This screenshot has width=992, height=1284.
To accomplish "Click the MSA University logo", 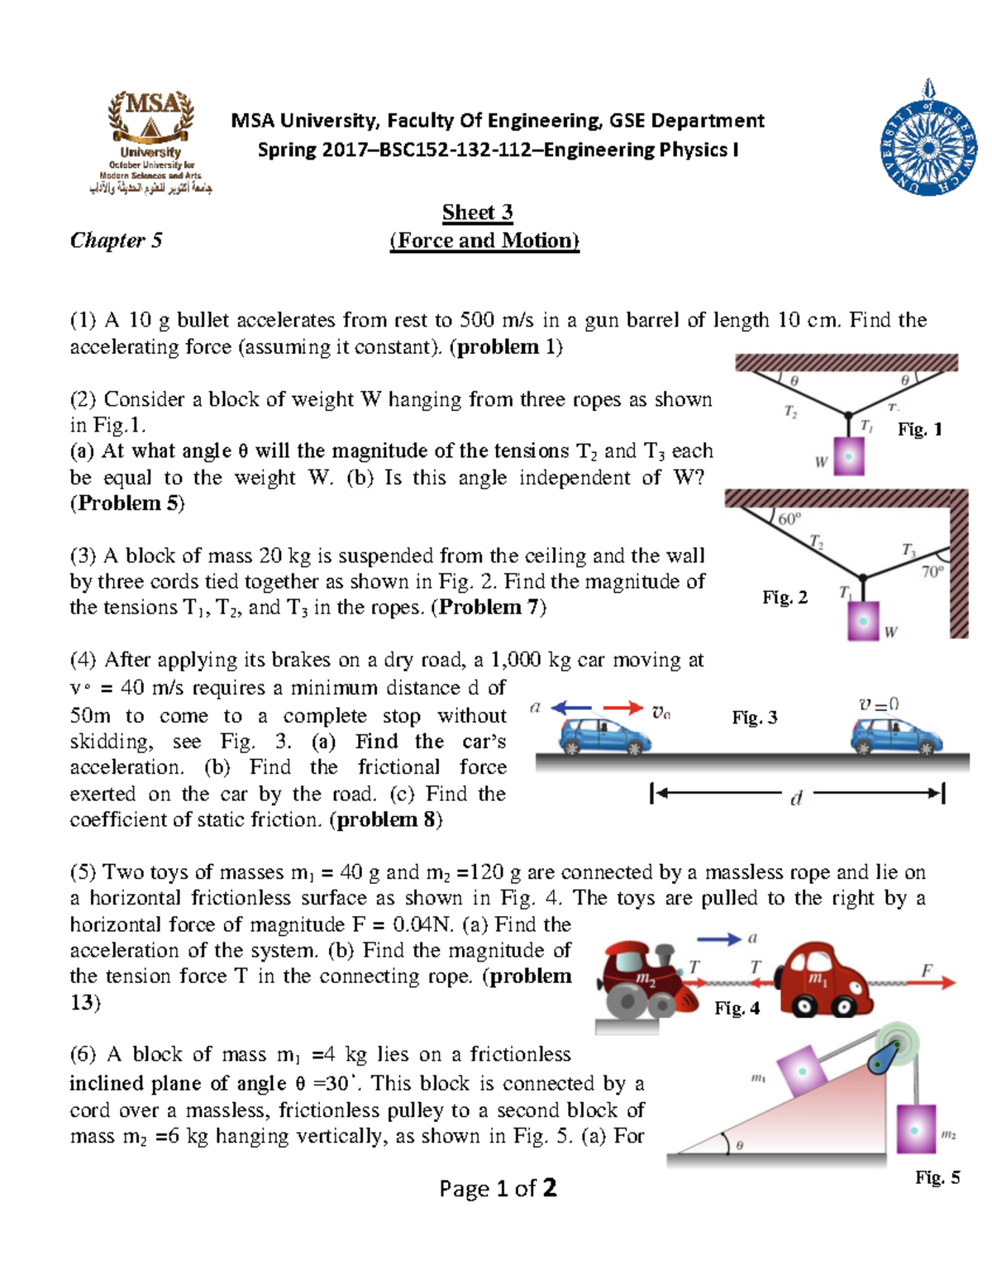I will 150,141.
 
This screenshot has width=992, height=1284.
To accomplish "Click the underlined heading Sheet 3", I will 477,212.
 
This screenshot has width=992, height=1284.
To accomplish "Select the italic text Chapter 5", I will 116,241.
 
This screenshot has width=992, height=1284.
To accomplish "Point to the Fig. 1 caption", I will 919,429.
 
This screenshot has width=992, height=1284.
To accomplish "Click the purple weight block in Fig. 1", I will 849,456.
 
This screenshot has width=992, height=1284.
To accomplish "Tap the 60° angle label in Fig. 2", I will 789,519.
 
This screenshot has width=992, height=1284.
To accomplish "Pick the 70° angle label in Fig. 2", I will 932,571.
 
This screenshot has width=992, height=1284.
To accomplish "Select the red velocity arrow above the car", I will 622,708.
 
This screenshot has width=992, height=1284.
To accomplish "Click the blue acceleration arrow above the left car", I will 571,708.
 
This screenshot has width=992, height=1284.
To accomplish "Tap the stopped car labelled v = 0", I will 896,735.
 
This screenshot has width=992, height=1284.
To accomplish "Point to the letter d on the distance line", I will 796,799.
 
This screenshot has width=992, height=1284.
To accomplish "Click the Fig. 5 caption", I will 937,1178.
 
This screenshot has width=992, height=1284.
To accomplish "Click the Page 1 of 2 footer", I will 498,1189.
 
